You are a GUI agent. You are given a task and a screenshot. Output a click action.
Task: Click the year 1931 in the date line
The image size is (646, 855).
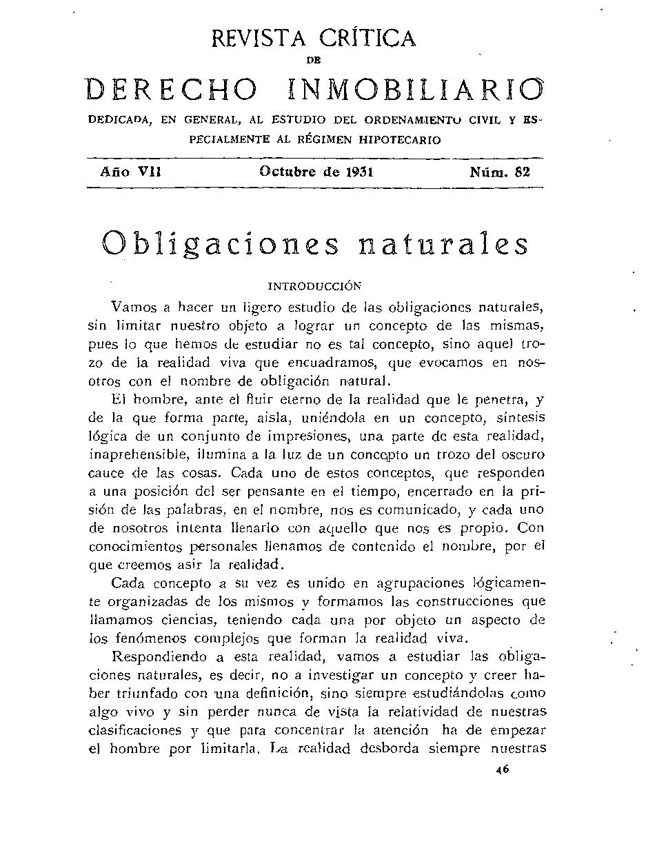point(356,172)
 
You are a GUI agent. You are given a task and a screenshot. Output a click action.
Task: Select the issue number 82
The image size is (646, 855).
point(522,172)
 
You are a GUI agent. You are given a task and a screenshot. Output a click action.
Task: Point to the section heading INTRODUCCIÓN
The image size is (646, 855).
point(314,285)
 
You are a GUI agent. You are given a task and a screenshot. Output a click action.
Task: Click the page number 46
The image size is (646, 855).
point(502,772)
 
